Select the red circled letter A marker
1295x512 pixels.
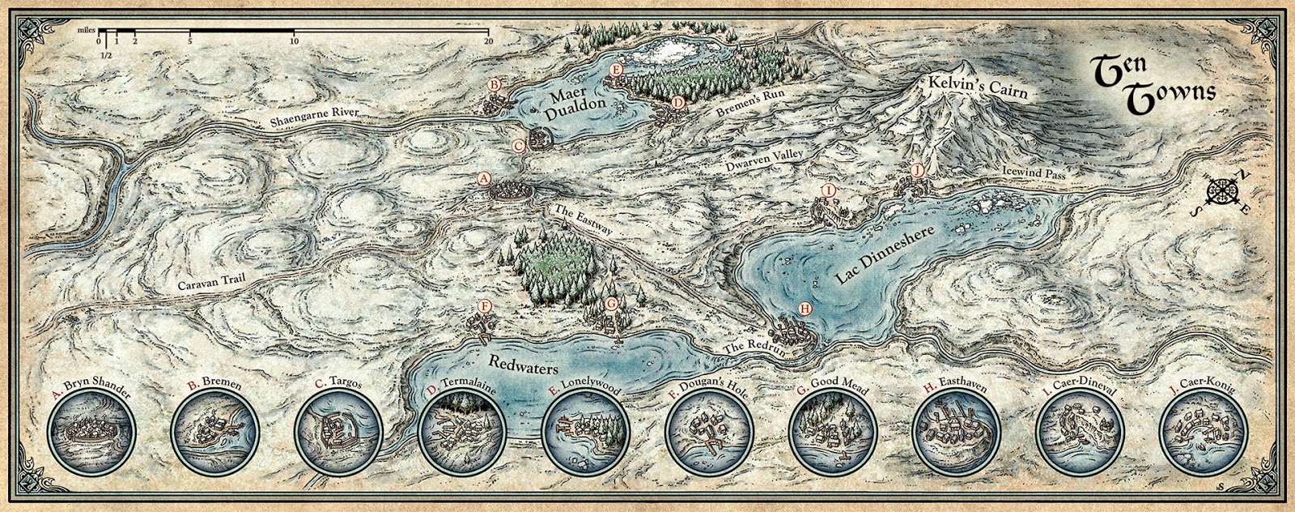point(483,178)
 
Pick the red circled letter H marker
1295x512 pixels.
point(804,308)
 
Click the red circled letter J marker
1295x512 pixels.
point(917,170)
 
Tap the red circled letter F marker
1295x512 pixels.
point(484,306)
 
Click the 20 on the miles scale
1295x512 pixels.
point(488,40)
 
